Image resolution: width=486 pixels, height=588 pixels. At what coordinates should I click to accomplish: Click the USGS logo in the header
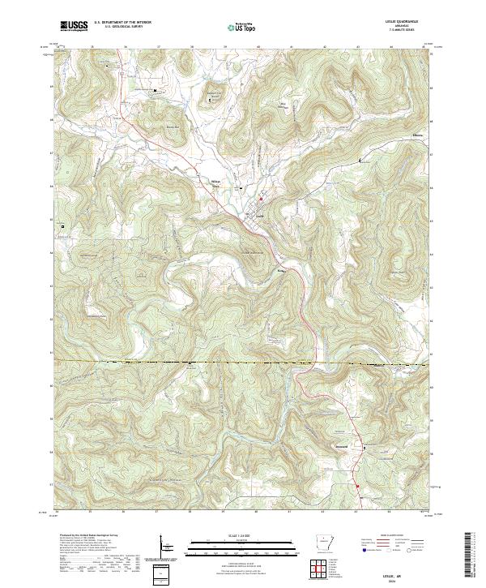pyautogui.click(x=74, y=26)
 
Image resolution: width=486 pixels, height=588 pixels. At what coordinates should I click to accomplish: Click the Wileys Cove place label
pyautogui.click(x=215, y=182)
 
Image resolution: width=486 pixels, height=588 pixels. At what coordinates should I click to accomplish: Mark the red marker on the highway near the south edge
pyautogui.click(x=356, y=487)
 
